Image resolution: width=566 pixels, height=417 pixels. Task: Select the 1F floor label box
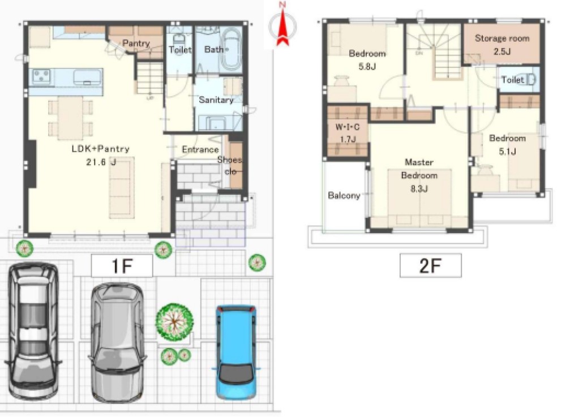tap(122, 266)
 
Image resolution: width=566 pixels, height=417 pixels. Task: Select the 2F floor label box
tap(430, 265)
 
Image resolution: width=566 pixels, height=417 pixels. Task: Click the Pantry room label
tap(136, 43)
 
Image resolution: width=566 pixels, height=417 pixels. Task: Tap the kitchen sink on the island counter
tap(87, 78)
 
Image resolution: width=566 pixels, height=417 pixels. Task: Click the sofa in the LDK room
tap(122, 188)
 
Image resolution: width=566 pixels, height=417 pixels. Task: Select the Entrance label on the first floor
tap(200, 149)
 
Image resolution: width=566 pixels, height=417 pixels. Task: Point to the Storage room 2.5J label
tap(502, 44)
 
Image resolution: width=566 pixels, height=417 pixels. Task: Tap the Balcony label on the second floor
tap(344, 196)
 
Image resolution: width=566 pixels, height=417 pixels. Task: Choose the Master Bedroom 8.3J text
tap(419, 175)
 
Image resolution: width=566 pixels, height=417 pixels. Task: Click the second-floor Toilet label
tap(513, 79)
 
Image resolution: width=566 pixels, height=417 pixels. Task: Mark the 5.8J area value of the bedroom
tap(367, 67)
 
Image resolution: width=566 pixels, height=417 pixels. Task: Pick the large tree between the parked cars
tap(175, 322)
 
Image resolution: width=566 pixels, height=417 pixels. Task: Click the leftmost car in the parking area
tap(33, 331)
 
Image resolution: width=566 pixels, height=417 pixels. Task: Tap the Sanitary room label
tap(216, 100)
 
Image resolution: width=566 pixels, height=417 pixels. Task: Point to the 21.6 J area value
tap(101, 162)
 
